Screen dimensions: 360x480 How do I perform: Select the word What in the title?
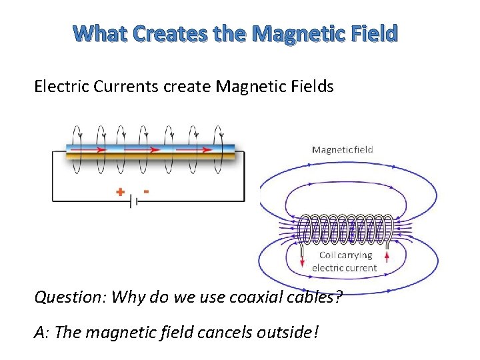[101, 33]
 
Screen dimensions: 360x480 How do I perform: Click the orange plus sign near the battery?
[120, 193]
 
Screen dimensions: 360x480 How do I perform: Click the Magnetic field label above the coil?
[342, 149]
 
